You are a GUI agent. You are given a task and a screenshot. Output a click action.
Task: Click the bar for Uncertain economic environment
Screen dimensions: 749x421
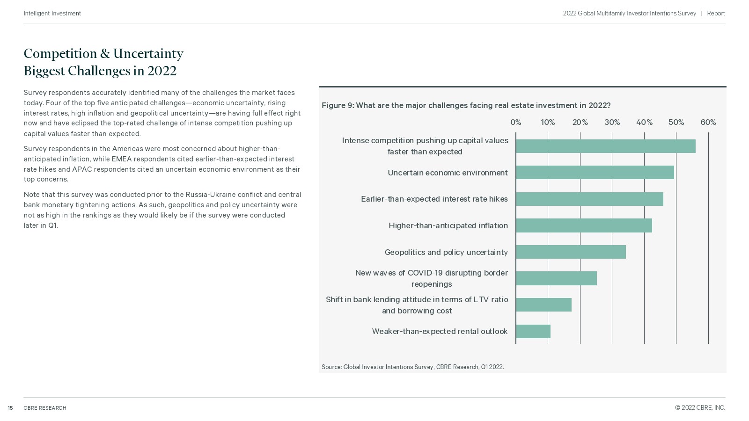point(595,173)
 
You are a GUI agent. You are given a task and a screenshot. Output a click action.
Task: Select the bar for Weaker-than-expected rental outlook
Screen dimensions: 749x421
point(533,331)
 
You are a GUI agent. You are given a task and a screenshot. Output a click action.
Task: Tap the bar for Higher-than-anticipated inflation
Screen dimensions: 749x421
point(584,225)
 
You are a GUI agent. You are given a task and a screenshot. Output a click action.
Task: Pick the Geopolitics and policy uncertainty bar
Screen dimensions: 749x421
point(571,252)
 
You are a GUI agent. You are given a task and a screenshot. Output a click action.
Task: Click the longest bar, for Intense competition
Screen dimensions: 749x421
point(606,146)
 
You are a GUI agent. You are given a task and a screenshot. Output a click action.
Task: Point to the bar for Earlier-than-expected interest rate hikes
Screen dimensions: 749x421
point(589,199)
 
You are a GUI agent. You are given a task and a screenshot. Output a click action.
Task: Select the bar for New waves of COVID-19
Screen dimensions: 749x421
point(557,278)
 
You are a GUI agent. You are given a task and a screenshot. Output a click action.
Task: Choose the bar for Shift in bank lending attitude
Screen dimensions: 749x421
point(543,305)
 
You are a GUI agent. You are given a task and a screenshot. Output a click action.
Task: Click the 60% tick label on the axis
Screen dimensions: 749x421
point(708,122)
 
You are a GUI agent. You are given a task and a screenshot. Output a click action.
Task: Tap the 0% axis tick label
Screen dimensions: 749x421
point(515,122)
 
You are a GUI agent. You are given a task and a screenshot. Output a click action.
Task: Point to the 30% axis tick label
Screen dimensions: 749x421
point(612,122)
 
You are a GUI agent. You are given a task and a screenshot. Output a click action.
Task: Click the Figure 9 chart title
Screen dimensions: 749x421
point(466,106)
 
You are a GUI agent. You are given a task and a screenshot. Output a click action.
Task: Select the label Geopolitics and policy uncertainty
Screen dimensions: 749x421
point(446,252)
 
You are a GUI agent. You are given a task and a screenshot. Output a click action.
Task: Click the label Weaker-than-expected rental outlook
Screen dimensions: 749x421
point(440,332)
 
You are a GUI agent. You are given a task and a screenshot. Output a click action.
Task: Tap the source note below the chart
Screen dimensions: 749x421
point(412,367)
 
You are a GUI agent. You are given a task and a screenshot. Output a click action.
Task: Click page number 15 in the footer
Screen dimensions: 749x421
point(10,408)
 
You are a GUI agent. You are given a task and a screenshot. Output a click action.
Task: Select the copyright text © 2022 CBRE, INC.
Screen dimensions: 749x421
point(700,407)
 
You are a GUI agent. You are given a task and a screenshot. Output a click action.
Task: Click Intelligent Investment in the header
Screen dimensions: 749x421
point(52,14)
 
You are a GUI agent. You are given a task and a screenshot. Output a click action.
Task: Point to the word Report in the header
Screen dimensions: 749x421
point(716,14)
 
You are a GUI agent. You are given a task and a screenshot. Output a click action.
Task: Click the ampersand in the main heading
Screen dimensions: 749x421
point(105,54)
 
